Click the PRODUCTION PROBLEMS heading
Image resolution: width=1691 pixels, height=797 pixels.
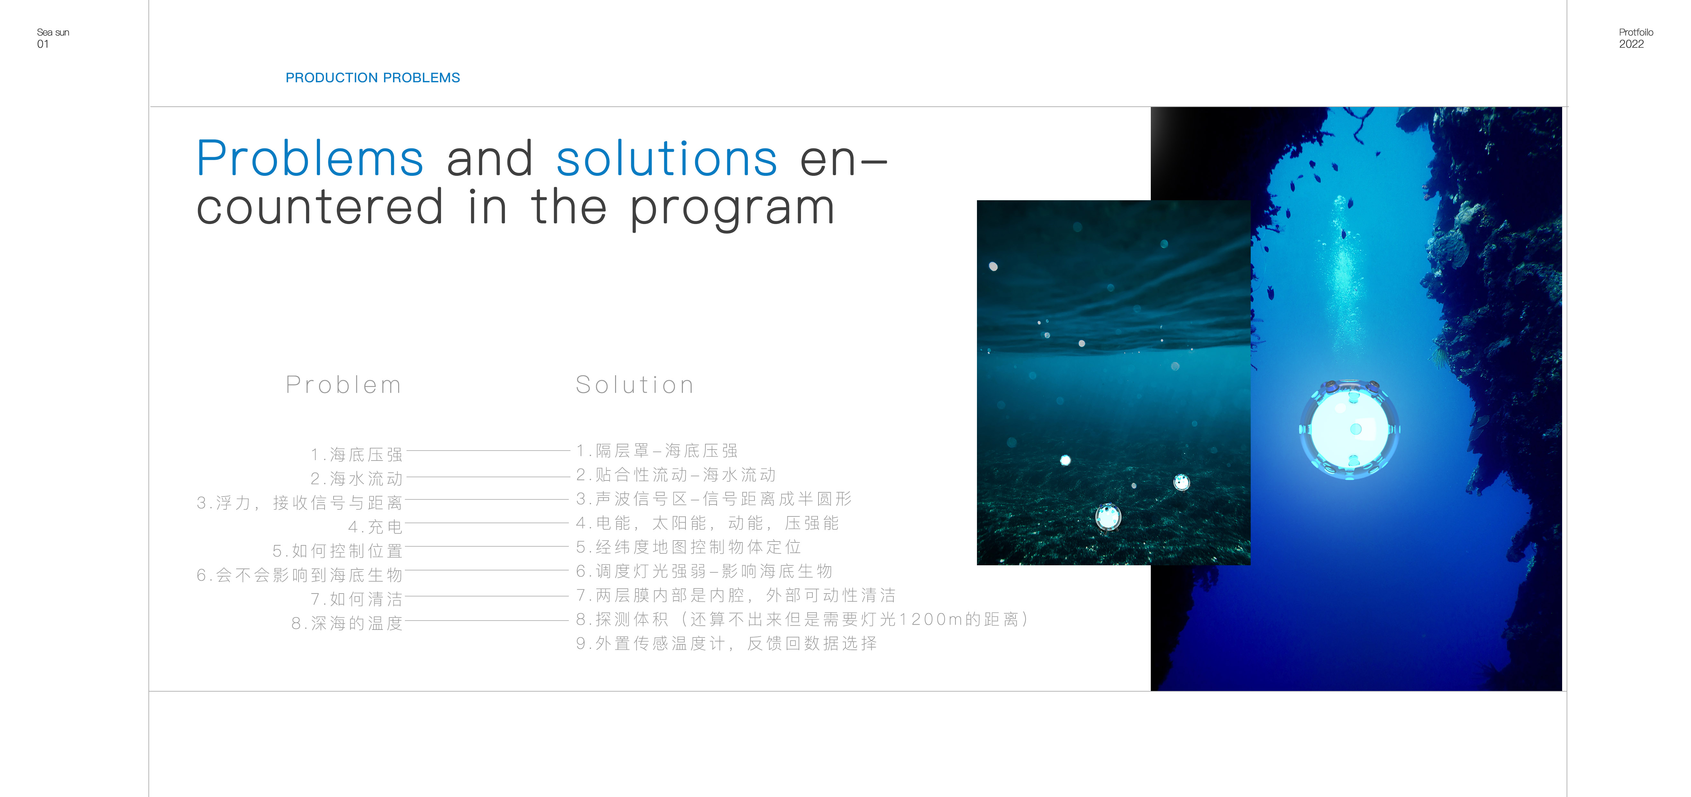(372, 77)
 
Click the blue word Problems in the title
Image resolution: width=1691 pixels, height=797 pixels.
(310, 159)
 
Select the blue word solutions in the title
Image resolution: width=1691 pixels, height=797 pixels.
(666, 159)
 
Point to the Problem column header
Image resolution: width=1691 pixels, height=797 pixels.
(343, 385)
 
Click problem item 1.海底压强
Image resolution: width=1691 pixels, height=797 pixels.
(356, 454)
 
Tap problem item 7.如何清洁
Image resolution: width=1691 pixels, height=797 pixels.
(356, 599)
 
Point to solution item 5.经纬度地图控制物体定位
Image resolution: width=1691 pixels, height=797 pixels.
(689, 547)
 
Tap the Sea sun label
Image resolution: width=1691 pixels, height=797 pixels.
(53, 32)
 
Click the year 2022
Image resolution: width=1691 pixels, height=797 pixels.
(1631, 44)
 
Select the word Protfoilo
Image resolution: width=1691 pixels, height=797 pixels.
(1636, 32)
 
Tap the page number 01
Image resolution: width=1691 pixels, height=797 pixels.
(43, 44)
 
